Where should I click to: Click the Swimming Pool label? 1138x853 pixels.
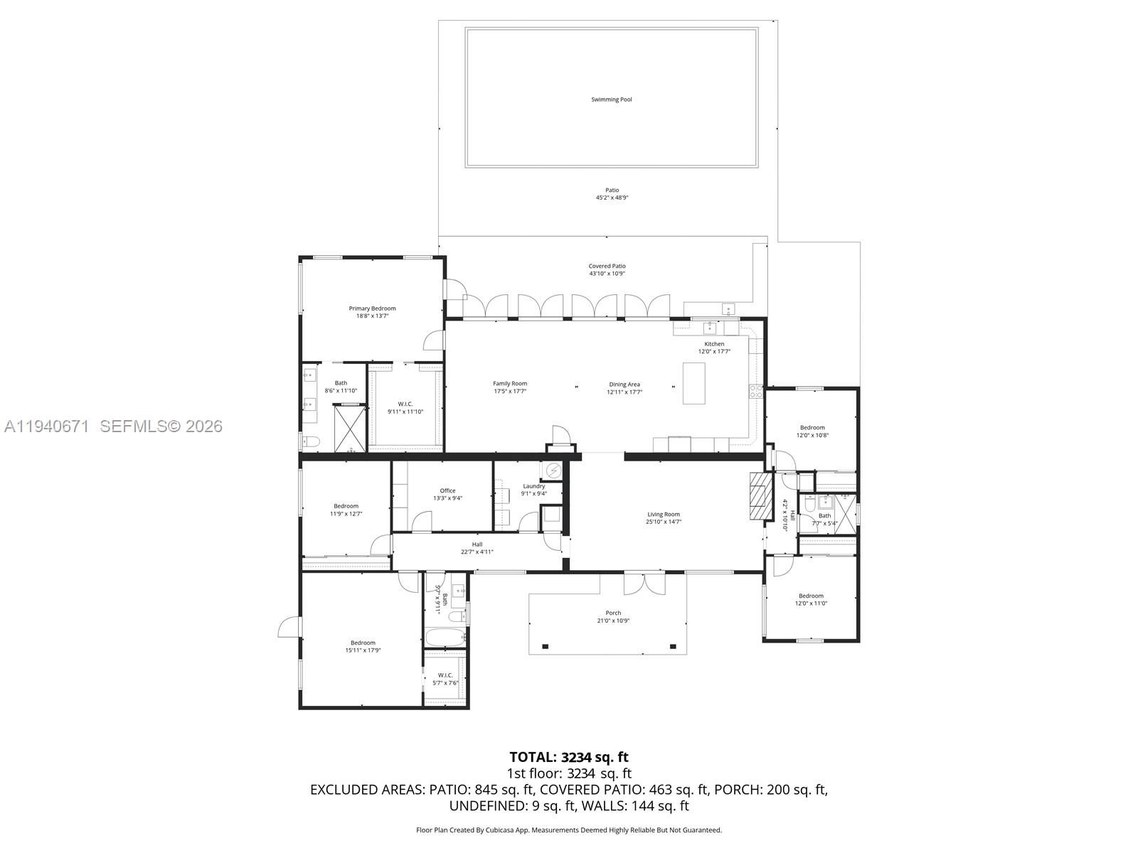pos(611,100)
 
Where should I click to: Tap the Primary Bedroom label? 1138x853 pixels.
pos(372,309)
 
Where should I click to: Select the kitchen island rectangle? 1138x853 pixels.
pos(693,383)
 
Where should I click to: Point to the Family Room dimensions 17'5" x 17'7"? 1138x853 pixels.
pos(510,392)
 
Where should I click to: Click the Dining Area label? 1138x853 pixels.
pos(624,385)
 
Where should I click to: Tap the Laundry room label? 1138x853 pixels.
pos(533,486)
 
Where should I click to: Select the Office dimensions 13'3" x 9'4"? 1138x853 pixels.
pos(447,498)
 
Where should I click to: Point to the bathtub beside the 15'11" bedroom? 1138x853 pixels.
pos(445,637)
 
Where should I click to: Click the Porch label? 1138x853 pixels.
pos(613,613)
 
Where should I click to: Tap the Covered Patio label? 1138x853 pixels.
pos(607,266)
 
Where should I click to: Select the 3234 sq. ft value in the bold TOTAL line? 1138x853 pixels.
pos(595,757)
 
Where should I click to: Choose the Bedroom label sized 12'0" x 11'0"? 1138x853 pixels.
pos(811,596)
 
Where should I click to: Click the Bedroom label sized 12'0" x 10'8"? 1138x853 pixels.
pos(812,428)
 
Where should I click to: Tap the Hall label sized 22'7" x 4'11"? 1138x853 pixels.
pos(477,544)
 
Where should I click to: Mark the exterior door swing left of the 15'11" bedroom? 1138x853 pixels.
pos(287,628)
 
